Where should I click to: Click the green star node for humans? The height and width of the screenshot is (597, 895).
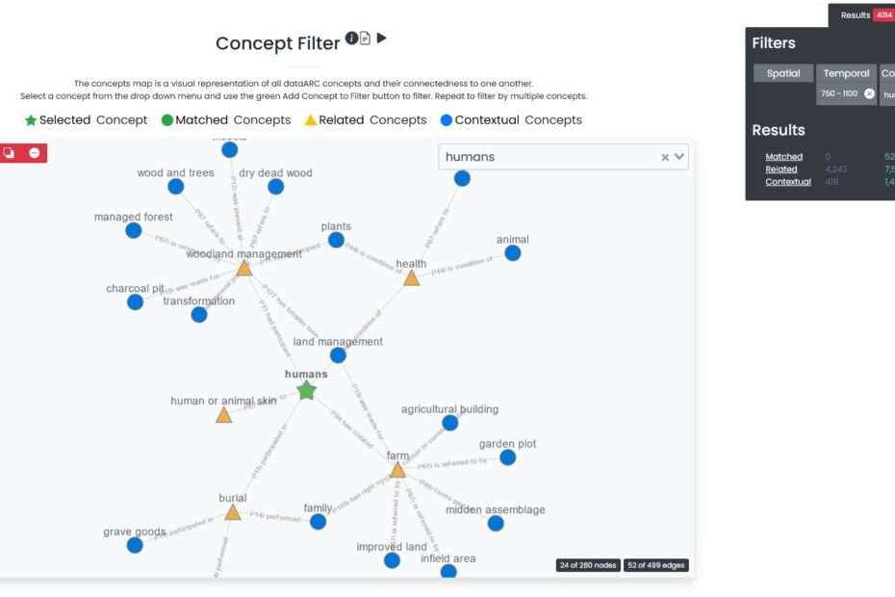306,390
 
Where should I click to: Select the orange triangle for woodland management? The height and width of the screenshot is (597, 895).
244,269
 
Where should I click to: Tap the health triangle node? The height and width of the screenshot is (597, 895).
411,278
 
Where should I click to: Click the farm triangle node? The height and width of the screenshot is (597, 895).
397,470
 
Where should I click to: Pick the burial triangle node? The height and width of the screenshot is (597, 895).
232,512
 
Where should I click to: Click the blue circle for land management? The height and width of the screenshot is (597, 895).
338,355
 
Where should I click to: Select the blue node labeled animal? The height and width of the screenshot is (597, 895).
513,253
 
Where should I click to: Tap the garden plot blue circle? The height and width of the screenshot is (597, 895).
507,457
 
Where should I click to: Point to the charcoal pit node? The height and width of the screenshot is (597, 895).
135,302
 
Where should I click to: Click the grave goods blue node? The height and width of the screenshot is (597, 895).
135,545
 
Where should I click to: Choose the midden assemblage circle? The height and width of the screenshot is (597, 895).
496,523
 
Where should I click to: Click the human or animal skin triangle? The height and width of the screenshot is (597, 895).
223,415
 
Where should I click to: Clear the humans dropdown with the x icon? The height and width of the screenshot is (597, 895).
665,157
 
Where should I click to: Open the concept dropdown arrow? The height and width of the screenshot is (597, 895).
679,157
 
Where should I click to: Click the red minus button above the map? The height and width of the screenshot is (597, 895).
35,152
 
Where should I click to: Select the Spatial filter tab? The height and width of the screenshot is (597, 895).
783,73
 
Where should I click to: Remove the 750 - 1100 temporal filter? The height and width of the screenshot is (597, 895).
870,93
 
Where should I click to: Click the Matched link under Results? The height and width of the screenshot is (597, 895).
783,157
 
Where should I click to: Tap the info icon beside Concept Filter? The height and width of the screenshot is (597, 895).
351,39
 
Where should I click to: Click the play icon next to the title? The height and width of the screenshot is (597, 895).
382,39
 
